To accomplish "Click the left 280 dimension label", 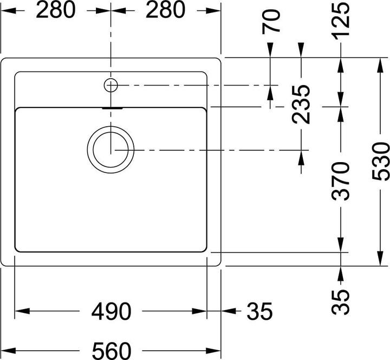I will tap(56, 10).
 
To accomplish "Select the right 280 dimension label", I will tap(165, 10).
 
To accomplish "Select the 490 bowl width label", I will tap(111, 312).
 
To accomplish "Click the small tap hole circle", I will tap(110, 85).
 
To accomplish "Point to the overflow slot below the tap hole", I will tap(110, 108).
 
